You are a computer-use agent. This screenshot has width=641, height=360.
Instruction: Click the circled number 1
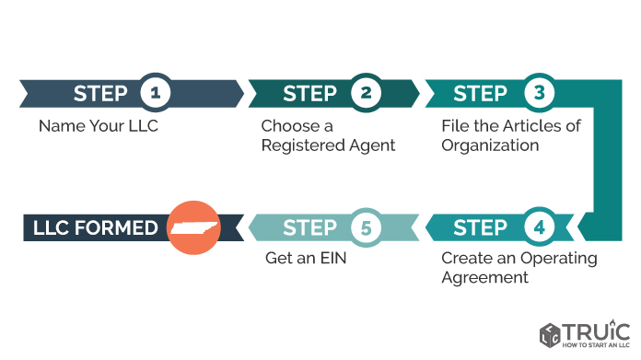click(156, 93)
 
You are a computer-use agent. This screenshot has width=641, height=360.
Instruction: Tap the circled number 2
click(366, 93)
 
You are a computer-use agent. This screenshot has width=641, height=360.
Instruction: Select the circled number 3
click(539, 93)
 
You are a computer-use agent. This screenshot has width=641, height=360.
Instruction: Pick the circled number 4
click(539, 227)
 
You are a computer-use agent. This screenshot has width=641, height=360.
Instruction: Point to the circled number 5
click(366, 227)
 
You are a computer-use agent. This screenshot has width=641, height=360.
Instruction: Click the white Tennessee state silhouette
click(194, 228)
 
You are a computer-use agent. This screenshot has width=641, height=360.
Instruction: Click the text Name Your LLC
click(99, 126)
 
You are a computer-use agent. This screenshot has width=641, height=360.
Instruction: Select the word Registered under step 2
click(297, 145)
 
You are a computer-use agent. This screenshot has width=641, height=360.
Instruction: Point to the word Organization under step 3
click(490, 145)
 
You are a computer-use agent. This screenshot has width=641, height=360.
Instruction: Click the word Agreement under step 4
click(484, 278)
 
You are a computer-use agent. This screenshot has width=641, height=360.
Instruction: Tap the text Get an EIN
click(306, 258)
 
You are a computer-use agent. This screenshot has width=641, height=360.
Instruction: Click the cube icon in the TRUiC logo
click(550, 335)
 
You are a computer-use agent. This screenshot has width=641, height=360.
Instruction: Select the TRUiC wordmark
click(597, 331)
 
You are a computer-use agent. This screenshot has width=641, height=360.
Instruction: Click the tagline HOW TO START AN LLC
click(596, 345)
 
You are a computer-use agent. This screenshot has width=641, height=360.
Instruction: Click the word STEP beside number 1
click(100, 94)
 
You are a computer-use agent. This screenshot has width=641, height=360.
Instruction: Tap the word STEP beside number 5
click(309, 227)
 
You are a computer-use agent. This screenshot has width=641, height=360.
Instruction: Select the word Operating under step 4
click(559, 259)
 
